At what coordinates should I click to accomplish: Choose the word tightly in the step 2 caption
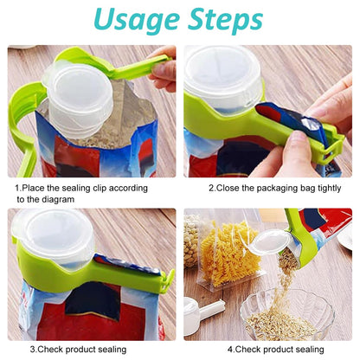tap(323, 187)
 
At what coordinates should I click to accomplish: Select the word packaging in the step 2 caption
tap(266, 187)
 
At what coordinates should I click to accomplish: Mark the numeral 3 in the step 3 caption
tap(32, 350)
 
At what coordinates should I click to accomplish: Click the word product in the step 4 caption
tap(276, 350)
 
